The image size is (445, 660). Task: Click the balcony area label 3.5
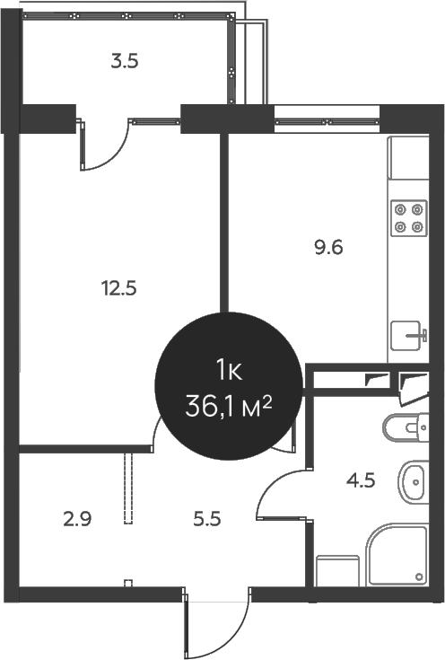tap(124, 62)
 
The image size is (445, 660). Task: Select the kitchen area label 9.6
tap(329, 246)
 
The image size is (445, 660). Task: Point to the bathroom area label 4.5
tap(360, 479)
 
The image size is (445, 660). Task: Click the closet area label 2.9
tap(76, 518)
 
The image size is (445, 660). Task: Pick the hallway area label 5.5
tap(206, 518)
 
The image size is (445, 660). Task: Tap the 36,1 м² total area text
tap(228, 407)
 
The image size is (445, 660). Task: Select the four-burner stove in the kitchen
tap(409, 218)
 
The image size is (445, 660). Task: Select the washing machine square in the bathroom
tap(337, 569)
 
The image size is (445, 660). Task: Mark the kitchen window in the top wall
tap(327, 115)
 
